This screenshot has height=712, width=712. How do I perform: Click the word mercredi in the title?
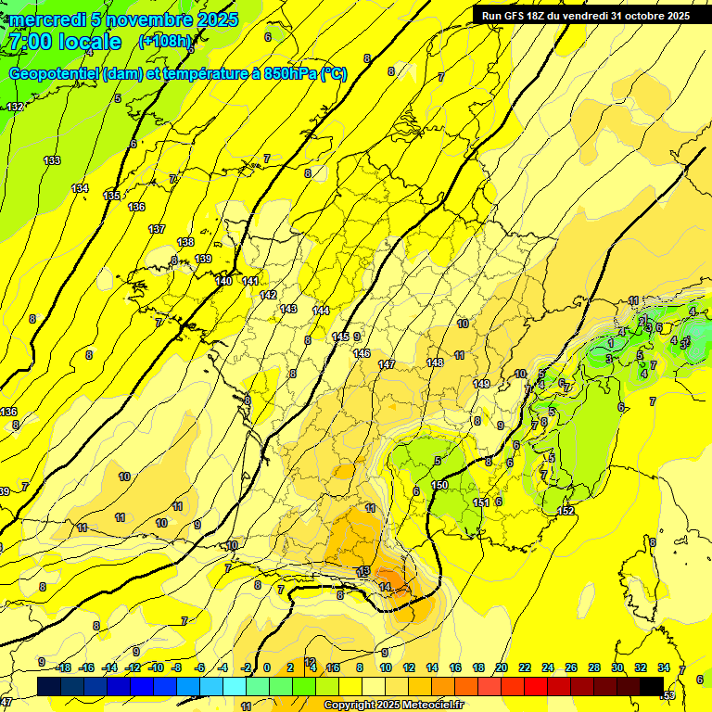(x=48, y=19)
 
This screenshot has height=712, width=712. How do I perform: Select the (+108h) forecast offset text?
(x=165, y=42)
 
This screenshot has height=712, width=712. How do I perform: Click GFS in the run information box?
(x=518, y=16)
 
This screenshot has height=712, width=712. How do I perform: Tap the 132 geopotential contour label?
(x=15, y=108)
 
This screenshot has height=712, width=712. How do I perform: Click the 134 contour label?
(x=81, y=189)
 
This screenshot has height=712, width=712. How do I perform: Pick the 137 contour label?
(x=157, y=229)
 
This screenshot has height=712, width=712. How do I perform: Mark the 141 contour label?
(x=250, y=281)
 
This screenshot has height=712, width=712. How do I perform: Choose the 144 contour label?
(x=321, y=311)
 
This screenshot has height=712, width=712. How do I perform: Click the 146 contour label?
(x=362, y=354)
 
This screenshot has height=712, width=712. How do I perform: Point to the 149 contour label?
(x=481, y=384)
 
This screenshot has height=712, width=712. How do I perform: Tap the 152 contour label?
(x=566, y=511)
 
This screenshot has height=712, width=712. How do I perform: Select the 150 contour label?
(x=439, y=485)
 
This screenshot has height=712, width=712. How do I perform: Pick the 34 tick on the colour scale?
(x=663, y=667)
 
